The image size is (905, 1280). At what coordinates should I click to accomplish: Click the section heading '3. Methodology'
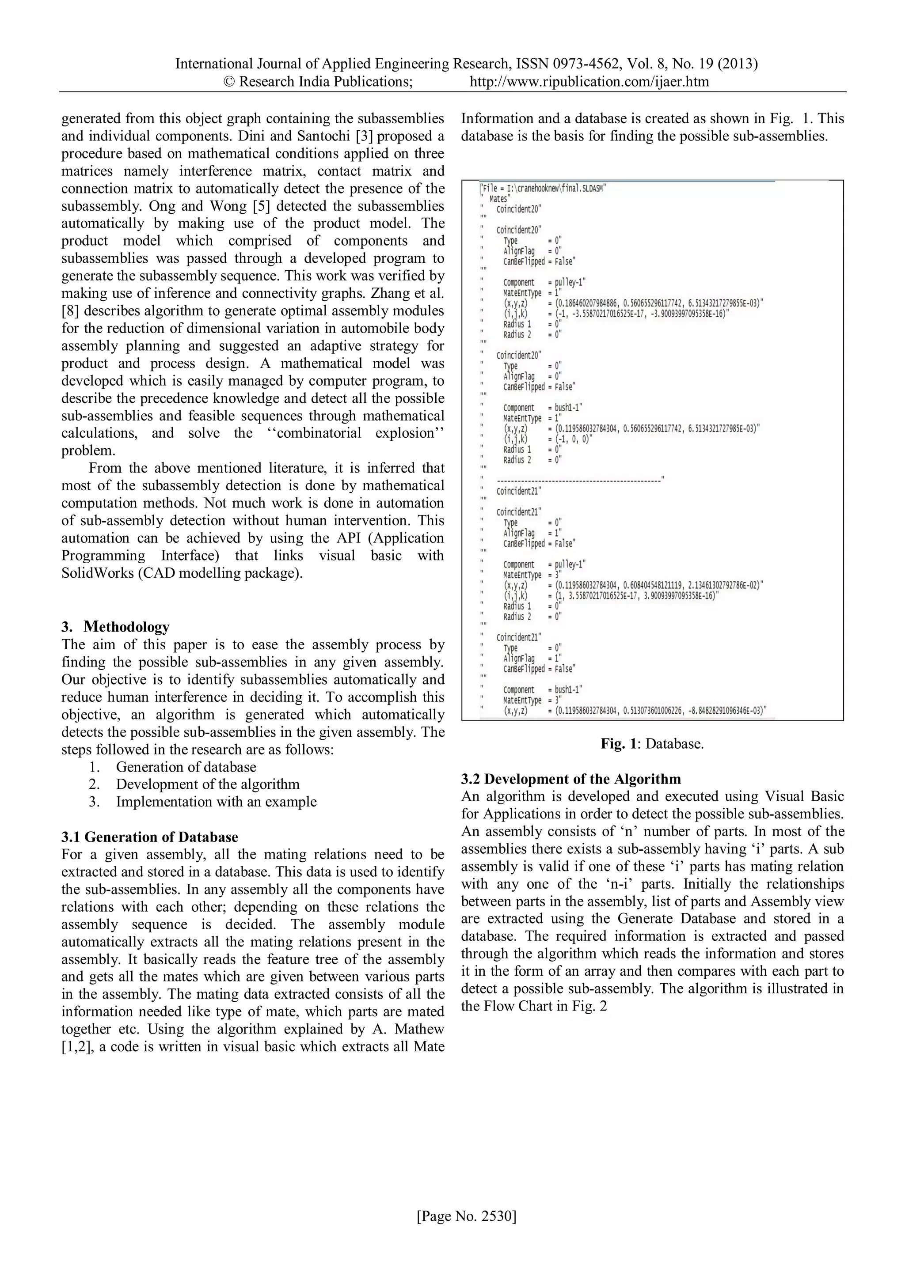coord(115,627)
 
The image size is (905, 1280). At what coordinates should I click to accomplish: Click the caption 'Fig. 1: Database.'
coord(652,744)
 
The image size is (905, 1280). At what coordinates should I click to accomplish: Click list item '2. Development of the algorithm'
coord(207,784)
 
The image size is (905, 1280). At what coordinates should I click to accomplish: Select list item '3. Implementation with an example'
coord(216,802)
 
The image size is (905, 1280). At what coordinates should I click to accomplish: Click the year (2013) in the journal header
coord(738,64)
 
